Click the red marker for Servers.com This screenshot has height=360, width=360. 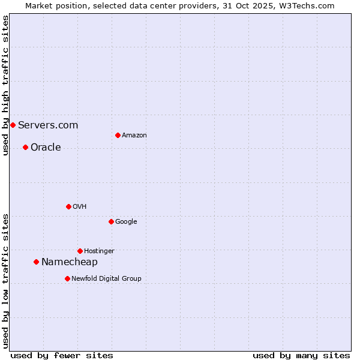pos(13,125)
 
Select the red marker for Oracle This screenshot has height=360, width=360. pos(25,147)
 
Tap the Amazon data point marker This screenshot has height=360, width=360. pos(118,135)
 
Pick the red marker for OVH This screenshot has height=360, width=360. pos(68,206)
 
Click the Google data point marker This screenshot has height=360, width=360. pos(111,221)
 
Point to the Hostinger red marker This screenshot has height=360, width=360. pos(80,251)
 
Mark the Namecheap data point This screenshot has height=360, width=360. pos(36,262)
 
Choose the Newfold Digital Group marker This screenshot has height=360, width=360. pos(67,278)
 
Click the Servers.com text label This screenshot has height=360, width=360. pos(48,125)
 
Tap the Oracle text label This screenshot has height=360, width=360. pos(46,147)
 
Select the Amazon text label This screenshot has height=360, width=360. pos(134,135)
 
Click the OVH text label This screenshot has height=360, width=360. pos(80,206)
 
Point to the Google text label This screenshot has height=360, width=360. pos(126,221)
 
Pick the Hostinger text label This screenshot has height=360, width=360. pos(99,251)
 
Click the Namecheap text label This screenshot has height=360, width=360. pos(70,262)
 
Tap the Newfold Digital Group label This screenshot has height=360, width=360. pos(106,278)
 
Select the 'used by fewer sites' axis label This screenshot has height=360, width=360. pos(62,355)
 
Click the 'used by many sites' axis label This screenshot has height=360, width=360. pos(301,355)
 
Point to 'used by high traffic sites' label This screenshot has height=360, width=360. pos(5,85)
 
